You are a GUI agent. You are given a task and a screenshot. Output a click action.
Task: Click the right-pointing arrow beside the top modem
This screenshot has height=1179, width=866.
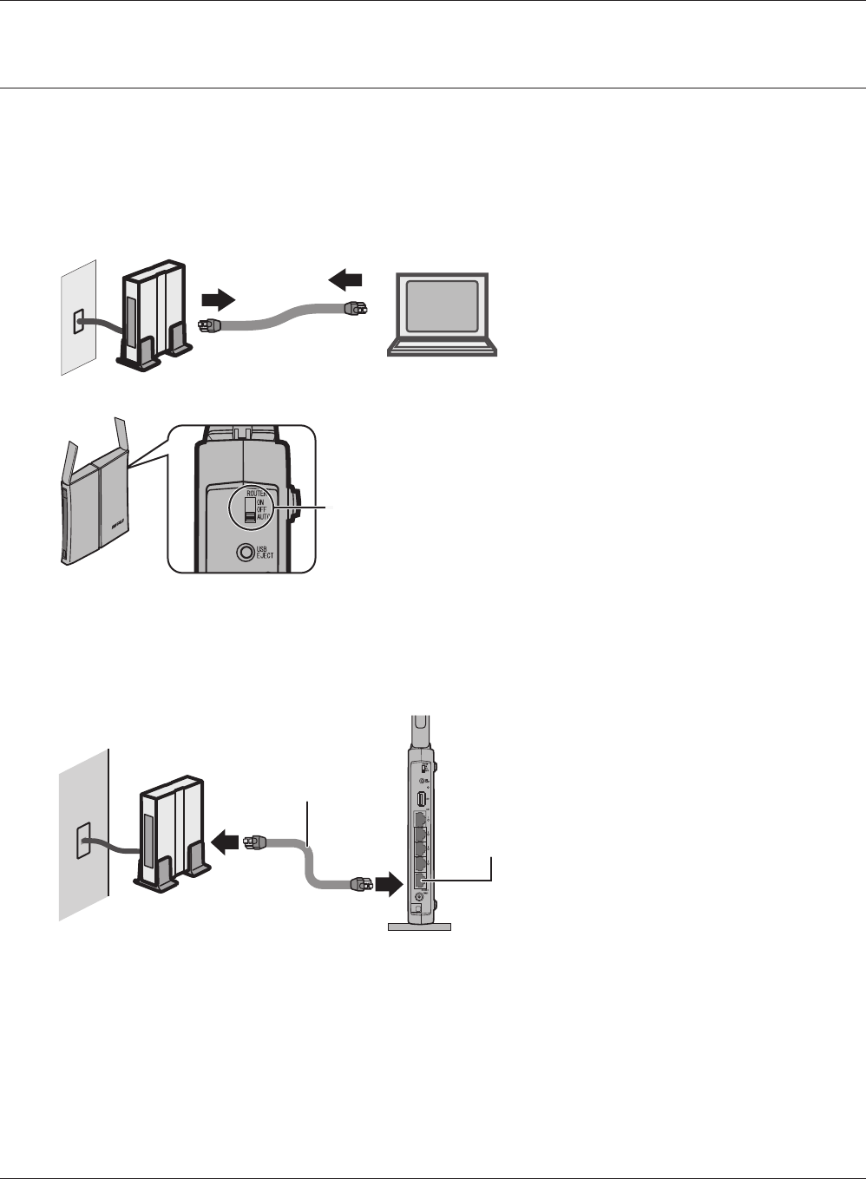click(x=217, y=300)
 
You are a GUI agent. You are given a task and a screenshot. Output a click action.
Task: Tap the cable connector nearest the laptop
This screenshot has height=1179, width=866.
click(x=356, y=307)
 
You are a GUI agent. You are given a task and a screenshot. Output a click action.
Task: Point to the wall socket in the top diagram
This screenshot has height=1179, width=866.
click(x=78, y=323)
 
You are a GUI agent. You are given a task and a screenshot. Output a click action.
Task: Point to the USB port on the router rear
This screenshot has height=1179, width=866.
click(x=421, y=798)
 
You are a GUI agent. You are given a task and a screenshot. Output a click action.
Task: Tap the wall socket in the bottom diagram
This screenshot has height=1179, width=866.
click(x=83, y=842)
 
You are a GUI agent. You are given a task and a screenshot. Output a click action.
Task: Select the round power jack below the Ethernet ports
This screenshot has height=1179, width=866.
click(x=420, y=909)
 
